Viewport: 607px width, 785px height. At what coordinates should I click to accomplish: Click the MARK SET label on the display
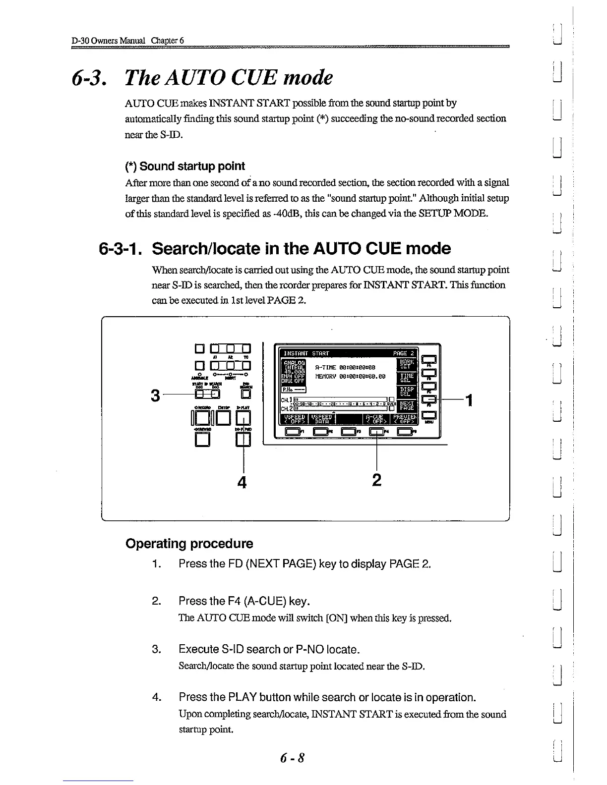pyautogui.click(x=407, y=365)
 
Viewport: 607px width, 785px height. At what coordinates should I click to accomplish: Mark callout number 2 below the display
pyautogui.click(x=377, y=480)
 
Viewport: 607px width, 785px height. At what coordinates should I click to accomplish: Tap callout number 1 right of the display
pyautogui.click(x=467, y=399)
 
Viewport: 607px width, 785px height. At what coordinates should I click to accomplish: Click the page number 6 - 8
pyautogui.click(x=292, y=758)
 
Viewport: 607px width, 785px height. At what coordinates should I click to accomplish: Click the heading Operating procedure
pyautogui.click(x=189, y=544)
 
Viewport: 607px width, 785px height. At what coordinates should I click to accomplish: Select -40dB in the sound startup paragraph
pyautogui.click(x=289, y=214)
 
